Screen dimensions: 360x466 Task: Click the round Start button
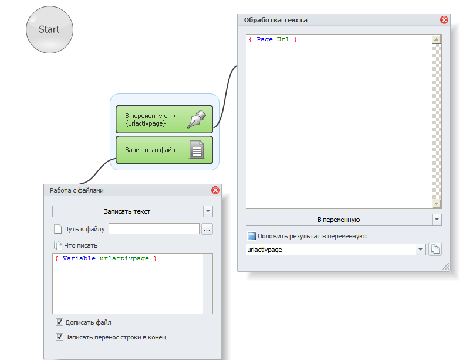click(x=49, y=29)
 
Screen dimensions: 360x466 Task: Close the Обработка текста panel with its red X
click(x=444, y=20)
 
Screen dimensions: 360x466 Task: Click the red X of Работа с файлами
click(x=215, y=190)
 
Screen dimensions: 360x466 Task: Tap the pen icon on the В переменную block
click(x=196, y=119)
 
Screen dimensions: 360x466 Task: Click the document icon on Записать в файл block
click(x=196, y=150)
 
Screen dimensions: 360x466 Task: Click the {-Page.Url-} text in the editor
click(x=273, y=39)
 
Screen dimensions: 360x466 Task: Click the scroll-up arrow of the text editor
click(x=436, y=40)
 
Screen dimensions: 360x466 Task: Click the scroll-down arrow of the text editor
click(x=436, y=203)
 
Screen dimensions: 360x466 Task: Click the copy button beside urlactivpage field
click(x=435, y=250)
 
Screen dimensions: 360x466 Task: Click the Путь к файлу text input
click(x=154, y=229)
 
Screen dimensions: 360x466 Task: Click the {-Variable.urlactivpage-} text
click(x=106, y=258)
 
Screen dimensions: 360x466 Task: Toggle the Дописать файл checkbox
click(x=59, y=322)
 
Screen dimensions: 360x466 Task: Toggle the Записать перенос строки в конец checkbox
click(x=59, y=337)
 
